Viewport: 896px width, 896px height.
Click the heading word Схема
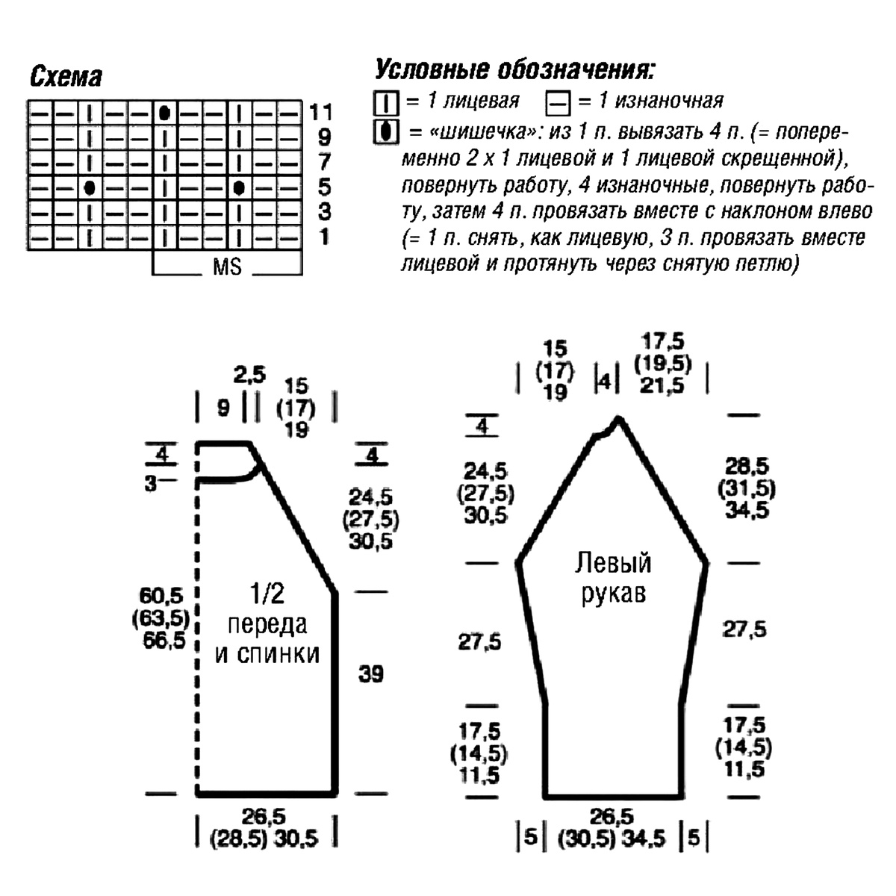(66, 77)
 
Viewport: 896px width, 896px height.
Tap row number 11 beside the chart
(320, 113)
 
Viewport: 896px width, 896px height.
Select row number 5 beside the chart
(324, 187)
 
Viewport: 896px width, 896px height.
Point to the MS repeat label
(227, 267)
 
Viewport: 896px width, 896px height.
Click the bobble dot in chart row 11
(164, 113)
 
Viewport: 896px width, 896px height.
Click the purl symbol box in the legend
(555, 102)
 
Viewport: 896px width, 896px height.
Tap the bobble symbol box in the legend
(385, 132)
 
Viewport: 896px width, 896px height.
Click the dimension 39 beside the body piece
(370, 674)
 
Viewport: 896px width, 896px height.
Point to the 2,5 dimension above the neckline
(249, 375)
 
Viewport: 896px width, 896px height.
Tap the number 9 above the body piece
(223, 408)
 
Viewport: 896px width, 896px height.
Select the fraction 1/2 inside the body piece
(267, 594)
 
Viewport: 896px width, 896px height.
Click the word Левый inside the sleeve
(613, 564)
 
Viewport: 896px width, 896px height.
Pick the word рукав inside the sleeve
(613, 594)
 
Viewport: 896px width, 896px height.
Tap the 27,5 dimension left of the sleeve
(480, 641)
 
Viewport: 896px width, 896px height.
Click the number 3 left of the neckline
(151, 484)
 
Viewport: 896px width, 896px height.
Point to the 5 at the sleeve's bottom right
(694, 838)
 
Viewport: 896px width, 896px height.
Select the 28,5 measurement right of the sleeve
(747, 467)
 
